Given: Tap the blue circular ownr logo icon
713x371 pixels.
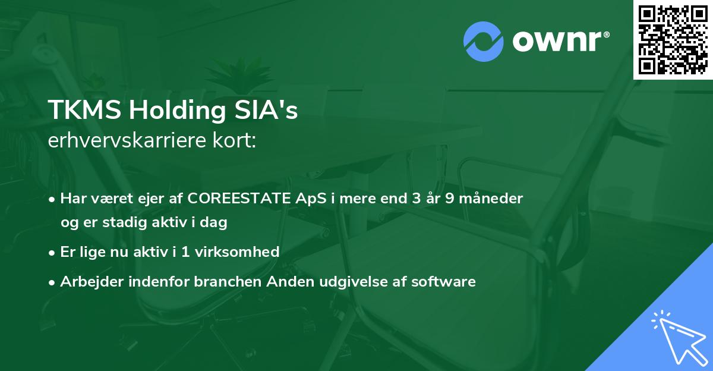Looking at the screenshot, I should coord(484,41).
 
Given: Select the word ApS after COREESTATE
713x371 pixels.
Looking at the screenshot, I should coord(311,199).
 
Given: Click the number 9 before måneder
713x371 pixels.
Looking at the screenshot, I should coord(450,199).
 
